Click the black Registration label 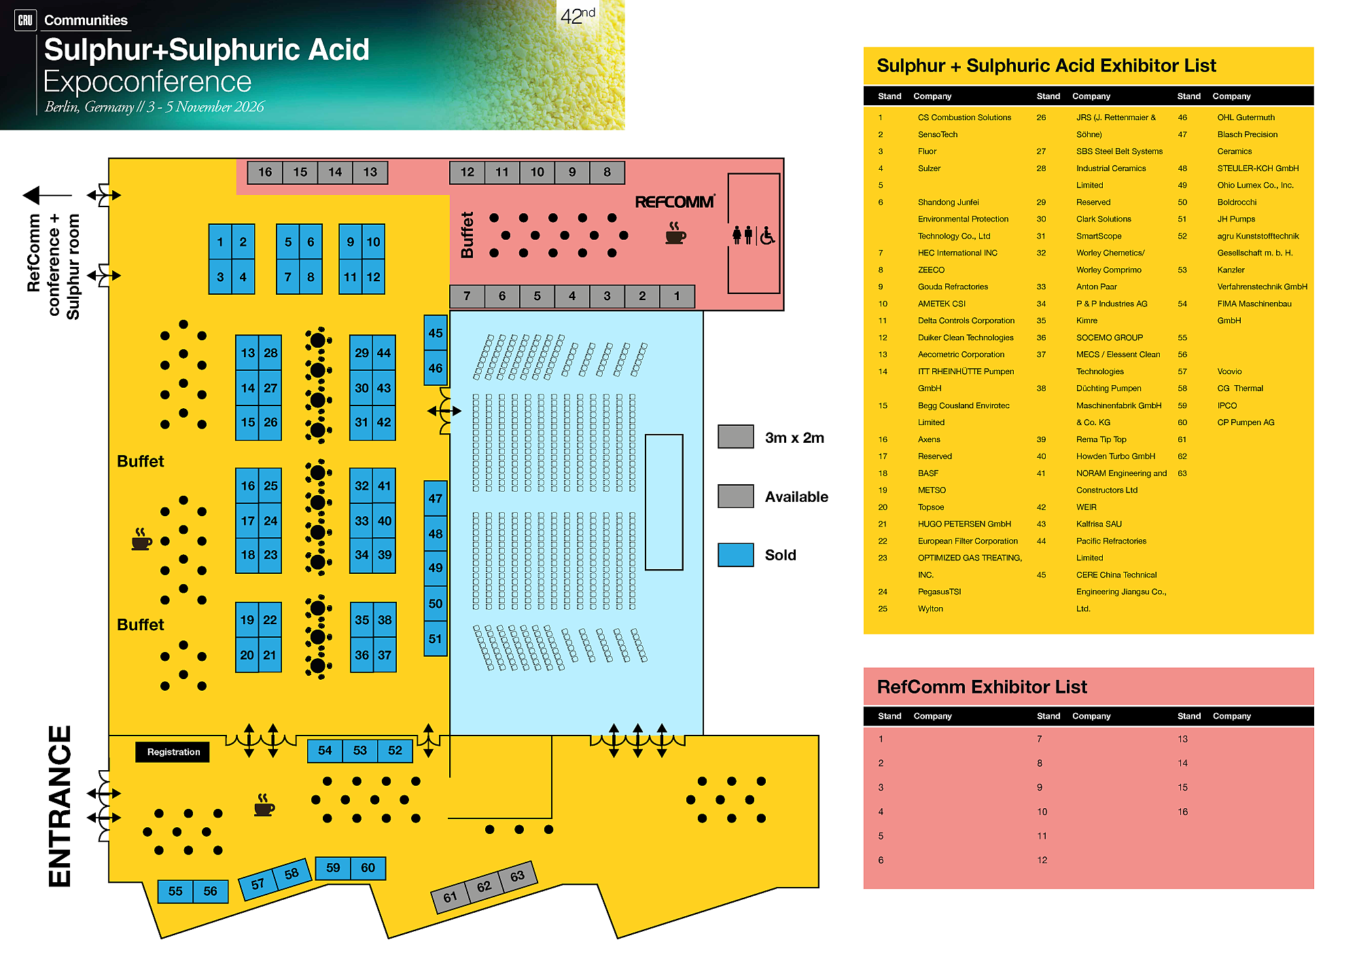[173, 752]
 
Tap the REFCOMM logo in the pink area [674, 202]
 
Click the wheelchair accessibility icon [767, 236]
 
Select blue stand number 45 [435, 333]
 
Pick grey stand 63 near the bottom [517, 876]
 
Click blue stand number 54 [325, 750]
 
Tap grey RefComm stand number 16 [265, 172]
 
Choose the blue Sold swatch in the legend [735, 555]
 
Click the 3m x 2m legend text [794, 438]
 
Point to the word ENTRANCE [60, 806]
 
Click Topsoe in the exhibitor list [930, 507]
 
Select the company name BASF [928, 473]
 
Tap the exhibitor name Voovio [1229, 371]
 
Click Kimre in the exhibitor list [1087, 321]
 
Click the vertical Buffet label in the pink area [467, 235]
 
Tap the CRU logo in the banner [25, 20]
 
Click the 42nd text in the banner [578, 15]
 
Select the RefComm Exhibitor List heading [981, 687]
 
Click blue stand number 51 [435, 639]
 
